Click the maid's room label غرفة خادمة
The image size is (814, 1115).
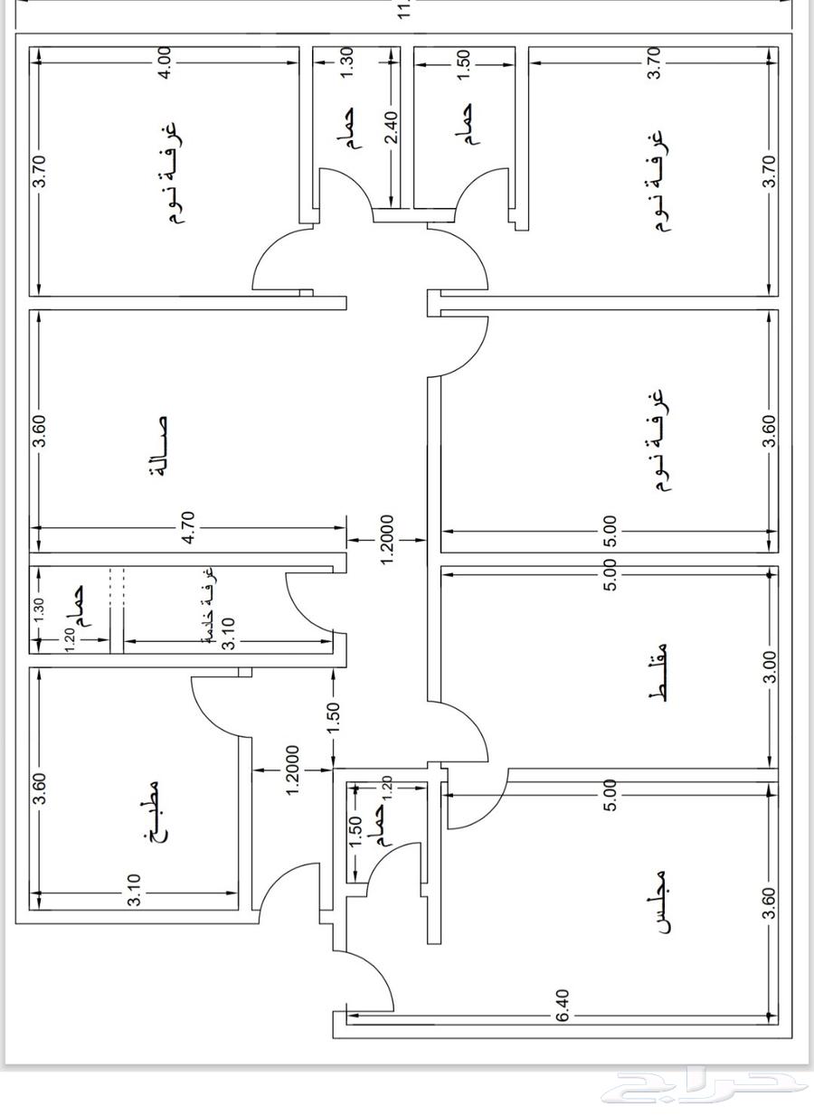(x=207, y=604)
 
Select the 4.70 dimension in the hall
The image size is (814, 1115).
(x=188, y=528)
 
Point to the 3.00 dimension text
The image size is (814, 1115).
(x=769, y=668)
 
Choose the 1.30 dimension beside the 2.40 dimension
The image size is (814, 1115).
(x=348, y=62)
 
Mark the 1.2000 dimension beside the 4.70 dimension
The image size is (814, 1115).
(x=387, y=540)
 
